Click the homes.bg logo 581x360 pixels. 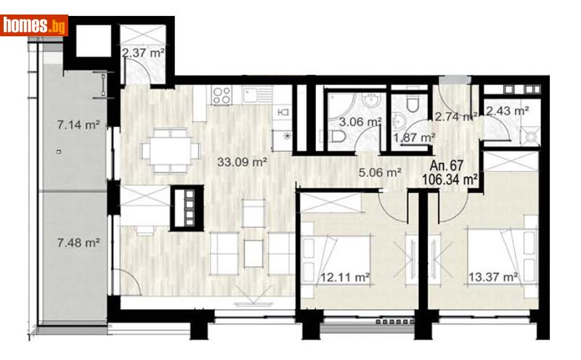35,25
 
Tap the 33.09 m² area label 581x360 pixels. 243,163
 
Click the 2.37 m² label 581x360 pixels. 143,52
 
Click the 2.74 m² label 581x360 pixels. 453,116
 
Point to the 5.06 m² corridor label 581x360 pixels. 381,173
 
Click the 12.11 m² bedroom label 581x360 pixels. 345,277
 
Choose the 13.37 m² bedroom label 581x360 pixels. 492,277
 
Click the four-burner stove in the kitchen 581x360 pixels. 222,94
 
